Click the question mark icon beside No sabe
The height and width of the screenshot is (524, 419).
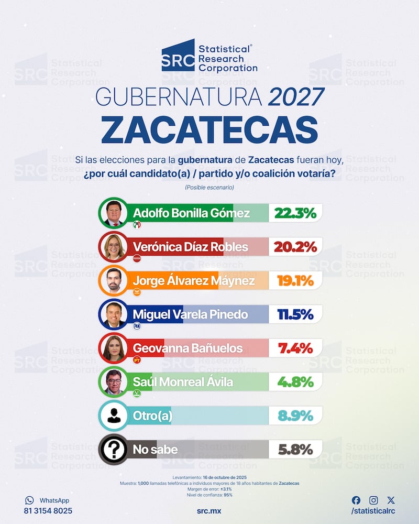coord(114,449)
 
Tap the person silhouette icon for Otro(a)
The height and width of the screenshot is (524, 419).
coord(114,416)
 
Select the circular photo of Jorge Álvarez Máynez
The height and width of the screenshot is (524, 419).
coord(114,281)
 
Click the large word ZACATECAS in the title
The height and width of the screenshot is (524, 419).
coord(210,128)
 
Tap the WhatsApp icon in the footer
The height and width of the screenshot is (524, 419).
coord(29,500)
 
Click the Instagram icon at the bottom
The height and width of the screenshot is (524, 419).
coord(373,500)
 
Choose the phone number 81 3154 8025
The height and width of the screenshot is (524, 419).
coord(48,511)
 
